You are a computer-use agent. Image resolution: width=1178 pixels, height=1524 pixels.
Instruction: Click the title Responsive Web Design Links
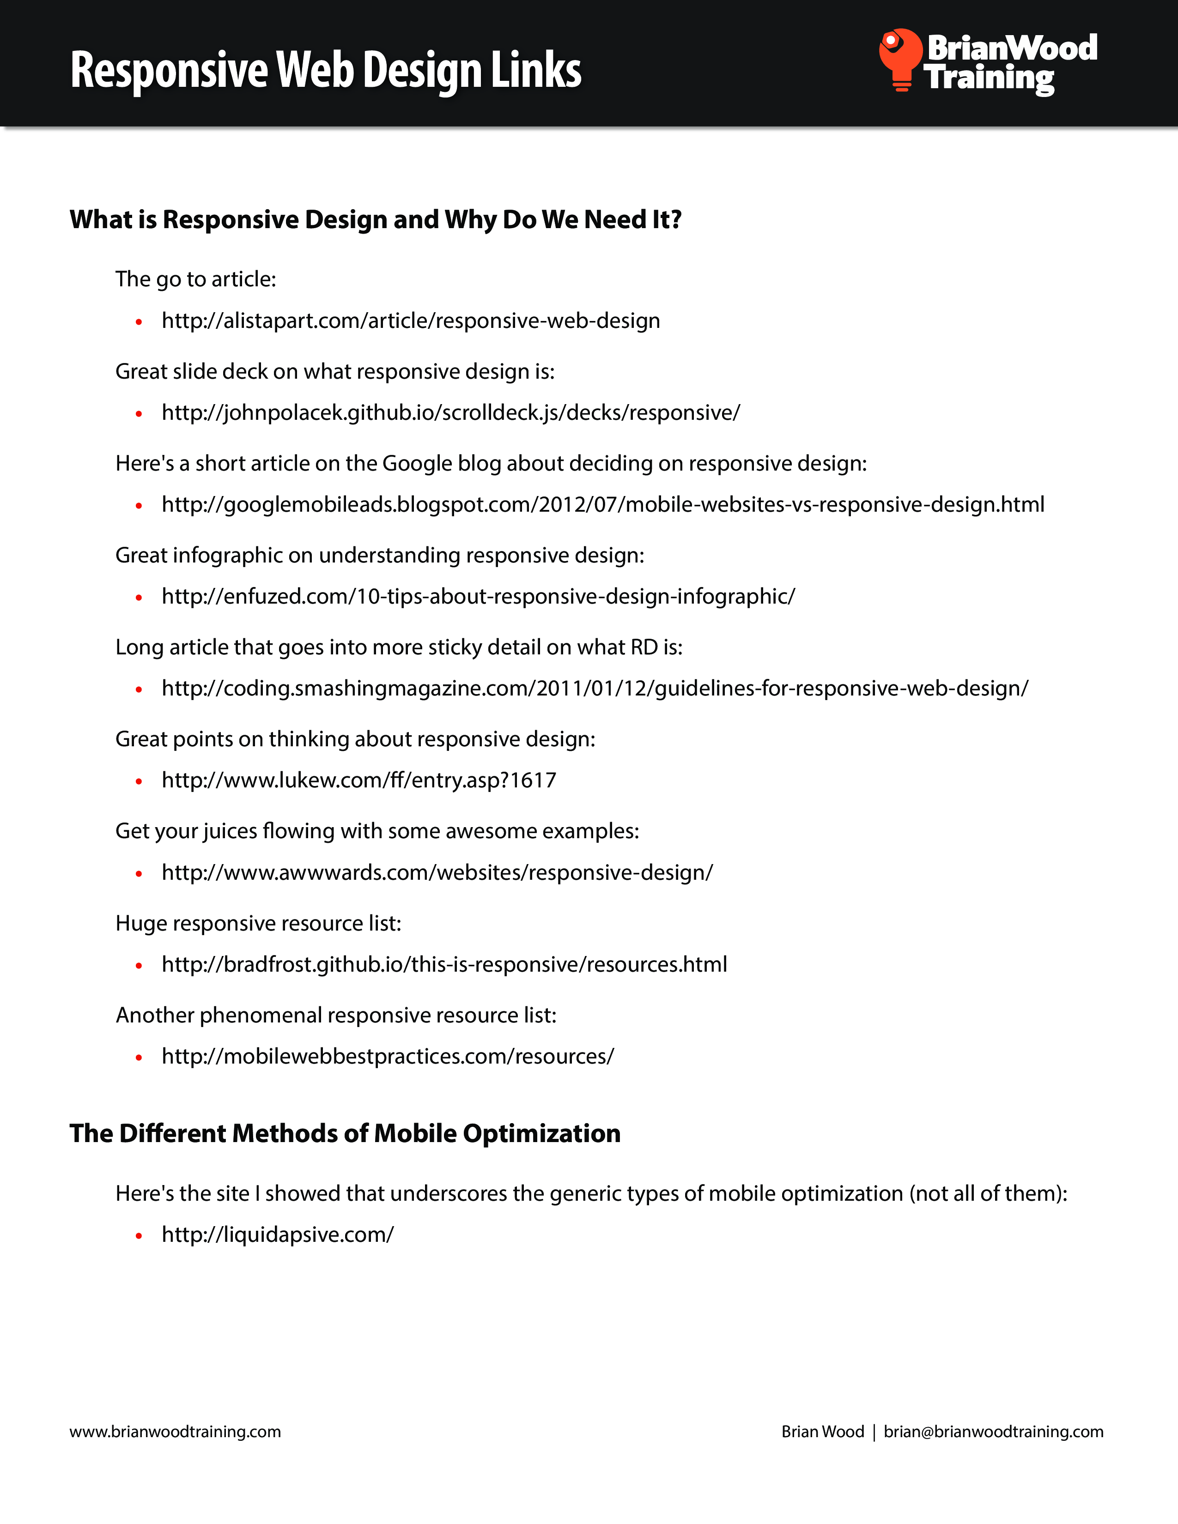pos(326,71)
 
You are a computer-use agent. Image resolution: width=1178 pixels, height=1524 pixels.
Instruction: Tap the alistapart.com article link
pos(410,321)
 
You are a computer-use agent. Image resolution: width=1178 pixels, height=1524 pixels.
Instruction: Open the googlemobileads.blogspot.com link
pos(603,504)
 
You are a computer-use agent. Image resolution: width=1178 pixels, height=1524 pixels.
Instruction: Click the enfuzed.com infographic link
pos(478,597)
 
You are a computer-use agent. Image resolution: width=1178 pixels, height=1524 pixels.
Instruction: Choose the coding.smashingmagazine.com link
pos(595,689)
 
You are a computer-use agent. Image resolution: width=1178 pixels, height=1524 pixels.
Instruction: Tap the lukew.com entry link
pos(358,780)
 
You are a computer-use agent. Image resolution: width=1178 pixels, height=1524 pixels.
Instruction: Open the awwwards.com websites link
pos(437,873)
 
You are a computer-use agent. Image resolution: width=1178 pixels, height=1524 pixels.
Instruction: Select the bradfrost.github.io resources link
pos(444,964)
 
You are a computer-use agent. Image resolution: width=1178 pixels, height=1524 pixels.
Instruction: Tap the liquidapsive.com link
pos(278,1234)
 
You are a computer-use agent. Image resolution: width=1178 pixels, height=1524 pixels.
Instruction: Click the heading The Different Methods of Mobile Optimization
pos(345,1134)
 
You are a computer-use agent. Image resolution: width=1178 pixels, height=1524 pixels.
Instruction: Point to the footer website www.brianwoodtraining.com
pos(175,1432)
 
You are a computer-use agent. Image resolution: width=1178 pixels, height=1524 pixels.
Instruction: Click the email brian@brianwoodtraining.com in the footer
pos(993,1432)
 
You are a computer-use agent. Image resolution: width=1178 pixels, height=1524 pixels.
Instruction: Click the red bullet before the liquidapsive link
pos(139,1236)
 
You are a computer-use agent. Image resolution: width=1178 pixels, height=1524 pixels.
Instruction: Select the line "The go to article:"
pos(195,279)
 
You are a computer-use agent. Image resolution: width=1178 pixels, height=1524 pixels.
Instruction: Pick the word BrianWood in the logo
pos(1012,48)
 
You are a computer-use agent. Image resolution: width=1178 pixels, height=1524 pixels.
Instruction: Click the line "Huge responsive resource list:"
pos(258,923)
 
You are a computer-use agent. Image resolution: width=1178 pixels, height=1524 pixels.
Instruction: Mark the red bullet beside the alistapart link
pos(139,322)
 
